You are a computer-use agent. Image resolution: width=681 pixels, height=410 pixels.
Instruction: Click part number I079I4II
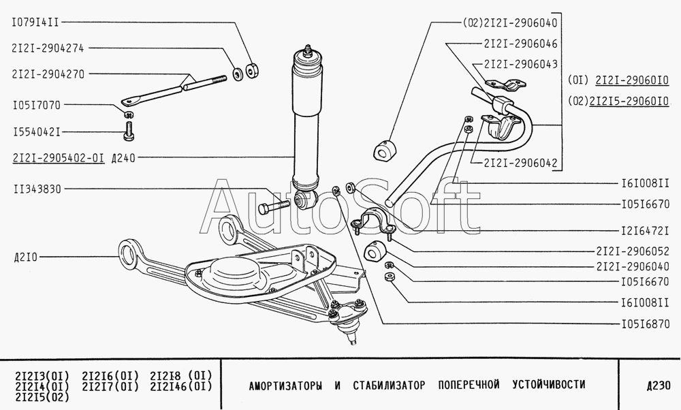(35, 22)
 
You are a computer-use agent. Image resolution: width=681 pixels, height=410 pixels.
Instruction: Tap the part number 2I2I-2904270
(48, 74)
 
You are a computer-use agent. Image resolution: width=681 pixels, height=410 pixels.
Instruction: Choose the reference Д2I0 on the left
(25, 257)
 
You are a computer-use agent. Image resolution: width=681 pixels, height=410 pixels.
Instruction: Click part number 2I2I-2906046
(520, 42)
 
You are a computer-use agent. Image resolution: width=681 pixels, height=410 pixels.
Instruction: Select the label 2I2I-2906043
(520, 64)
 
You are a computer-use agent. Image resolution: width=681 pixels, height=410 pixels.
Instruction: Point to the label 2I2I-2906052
(632, 250)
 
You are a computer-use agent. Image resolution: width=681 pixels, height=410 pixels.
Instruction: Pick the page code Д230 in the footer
(658, 385)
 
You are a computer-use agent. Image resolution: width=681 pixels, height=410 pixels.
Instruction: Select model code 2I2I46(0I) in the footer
(180, 386)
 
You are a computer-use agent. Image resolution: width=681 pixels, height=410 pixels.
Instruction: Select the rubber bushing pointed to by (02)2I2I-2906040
(385, 150)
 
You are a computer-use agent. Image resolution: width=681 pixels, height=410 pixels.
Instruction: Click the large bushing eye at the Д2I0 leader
(127, 255)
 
